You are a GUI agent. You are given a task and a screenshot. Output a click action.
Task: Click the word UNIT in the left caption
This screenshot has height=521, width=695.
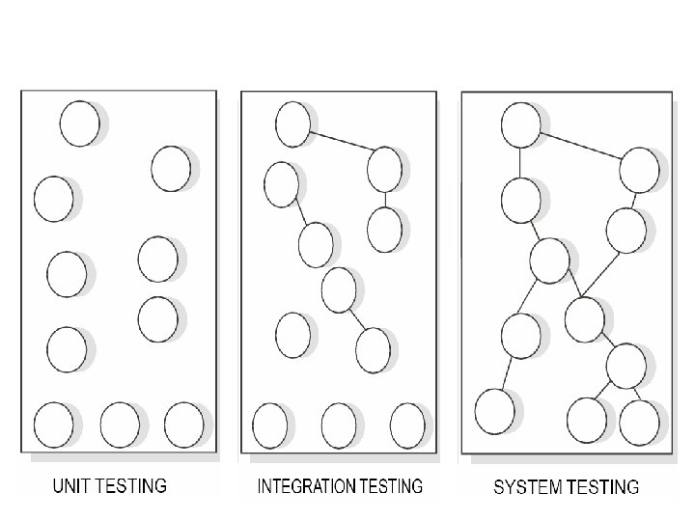[70, 485]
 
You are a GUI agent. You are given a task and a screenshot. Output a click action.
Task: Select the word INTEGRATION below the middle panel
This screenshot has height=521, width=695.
[307, 486]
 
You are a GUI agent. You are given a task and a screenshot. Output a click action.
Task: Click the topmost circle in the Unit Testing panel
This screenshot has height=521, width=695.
[79, 123]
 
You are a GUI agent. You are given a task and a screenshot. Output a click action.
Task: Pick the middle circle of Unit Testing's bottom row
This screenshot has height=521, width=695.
[120, 425]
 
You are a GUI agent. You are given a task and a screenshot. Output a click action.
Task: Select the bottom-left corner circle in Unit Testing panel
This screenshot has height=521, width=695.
[53, 425]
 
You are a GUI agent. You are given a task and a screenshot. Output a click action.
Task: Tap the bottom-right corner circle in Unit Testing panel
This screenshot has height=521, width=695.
[184, 425]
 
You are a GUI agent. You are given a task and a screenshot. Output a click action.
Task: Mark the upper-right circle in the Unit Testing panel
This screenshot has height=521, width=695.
[171, 168]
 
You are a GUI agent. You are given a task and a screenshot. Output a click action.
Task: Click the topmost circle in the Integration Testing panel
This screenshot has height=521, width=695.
[292, 122]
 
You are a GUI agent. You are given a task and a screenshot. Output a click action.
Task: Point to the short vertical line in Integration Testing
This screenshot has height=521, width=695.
[384, 199]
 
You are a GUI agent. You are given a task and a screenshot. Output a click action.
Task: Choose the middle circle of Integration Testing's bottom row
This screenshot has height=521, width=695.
[339, 425]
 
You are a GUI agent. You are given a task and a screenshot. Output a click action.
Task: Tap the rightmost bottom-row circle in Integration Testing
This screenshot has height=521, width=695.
[407, 425]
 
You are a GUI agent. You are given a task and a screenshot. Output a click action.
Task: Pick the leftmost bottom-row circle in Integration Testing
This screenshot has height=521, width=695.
[269, 425]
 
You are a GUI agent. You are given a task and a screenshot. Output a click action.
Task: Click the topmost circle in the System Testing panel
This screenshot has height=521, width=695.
[520, 125]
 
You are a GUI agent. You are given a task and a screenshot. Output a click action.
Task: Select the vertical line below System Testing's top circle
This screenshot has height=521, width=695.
[520, 162]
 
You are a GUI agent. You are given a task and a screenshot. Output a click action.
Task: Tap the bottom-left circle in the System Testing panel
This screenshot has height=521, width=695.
[494, 411]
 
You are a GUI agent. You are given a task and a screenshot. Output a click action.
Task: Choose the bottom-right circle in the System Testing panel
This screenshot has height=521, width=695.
[639, 421]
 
